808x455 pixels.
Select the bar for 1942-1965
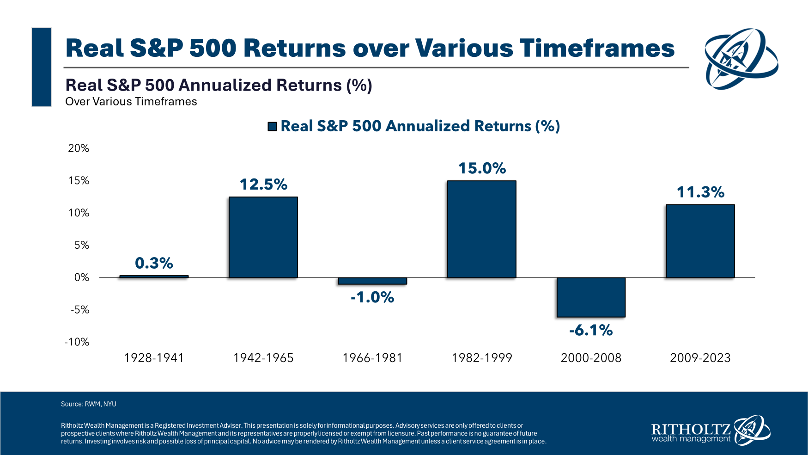pyautogui.click(x=263, y=237)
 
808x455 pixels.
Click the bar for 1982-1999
pyautogui.click(x=481, y=229)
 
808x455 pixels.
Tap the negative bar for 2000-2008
pyautogui.click(x=591, y=297)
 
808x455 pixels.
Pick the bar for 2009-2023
pyautogui.click(x=700, y=241)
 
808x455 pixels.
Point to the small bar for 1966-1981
pyautogui.click(x=372, y=281)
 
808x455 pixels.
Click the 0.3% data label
pyautogui.click(x=154, y=263)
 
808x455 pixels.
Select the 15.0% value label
pyautogui.click(x=482, y=168)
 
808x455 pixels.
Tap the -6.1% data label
pyautogui.click(x=591, y=330)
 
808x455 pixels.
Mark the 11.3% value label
pyautogui.click(x=700, y=192)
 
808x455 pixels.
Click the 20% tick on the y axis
pyautogui.click(x=79, y=148)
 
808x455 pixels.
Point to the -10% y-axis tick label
pyautogui.click(x=77, y=342)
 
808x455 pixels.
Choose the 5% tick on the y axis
pyautogui.click(x=82, y=245)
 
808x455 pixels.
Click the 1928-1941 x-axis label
pyautogui.click(x=154, y=358)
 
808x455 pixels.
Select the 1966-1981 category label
pyautogui.click(x=372, y=358)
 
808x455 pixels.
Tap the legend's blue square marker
pyautogui.click(x=272, y=126)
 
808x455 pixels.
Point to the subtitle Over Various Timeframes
pyautogui.click(x=131, y=102)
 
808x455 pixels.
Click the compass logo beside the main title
pyautogui.click(x=741, y=59)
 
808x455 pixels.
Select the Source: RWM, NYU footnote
pyautogui.click(x=89, y=404)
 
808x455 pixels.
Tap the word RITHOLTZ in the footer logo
pyautogui.click(x=691, y=429)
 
